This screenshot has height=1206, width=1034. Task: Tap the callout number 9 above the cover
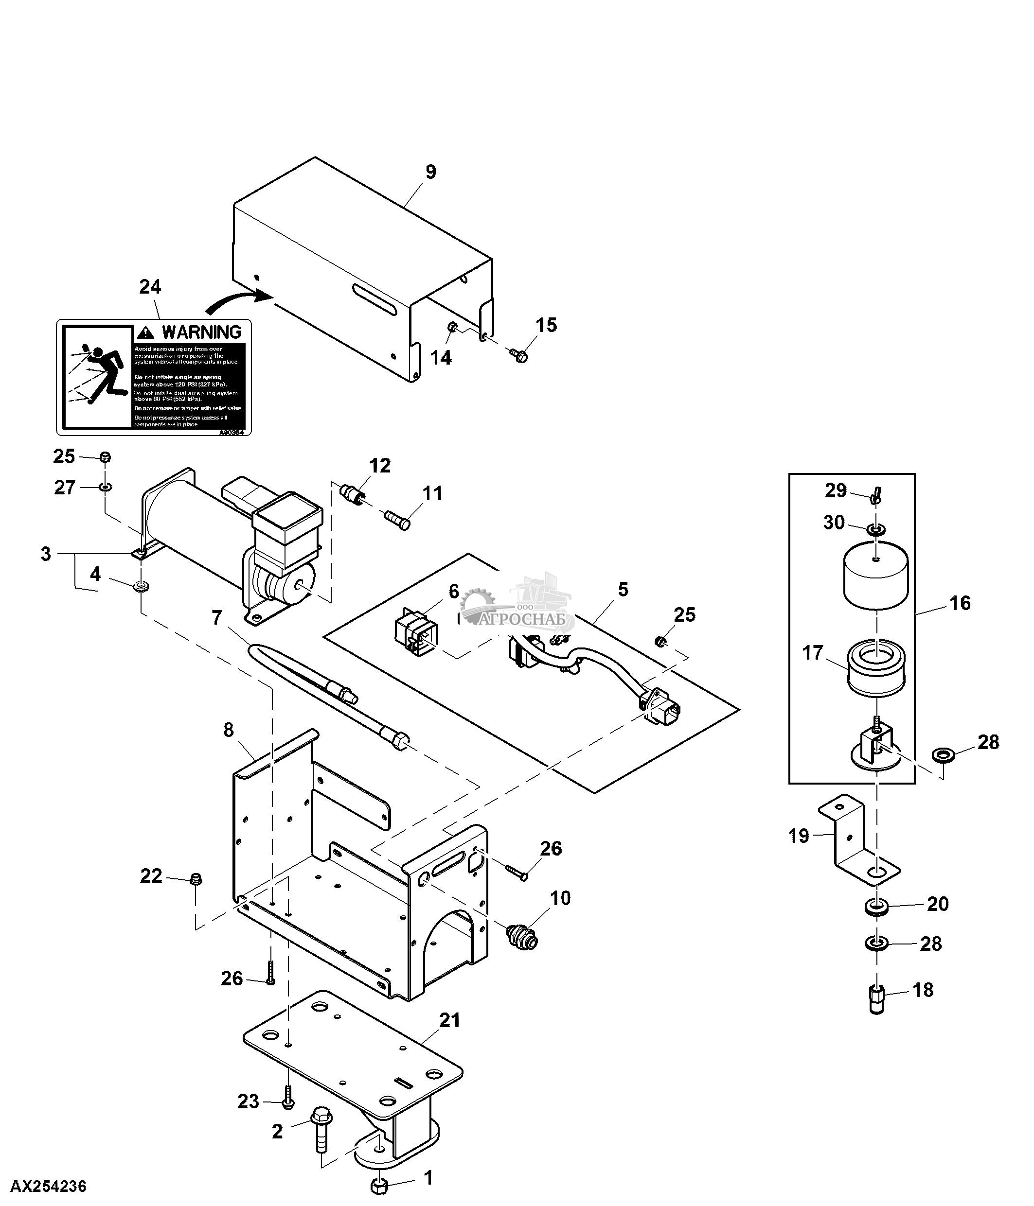[430, 172]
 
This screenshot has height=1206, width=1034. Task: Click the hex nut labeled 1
[379, 1186]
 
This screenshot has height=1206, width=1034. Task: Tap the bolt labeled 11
[398, 519]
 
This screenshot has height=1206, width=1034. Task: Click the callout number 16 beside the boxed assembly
[960, 603]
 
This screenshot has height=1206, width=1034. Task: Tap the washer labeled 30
[876, 529]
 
